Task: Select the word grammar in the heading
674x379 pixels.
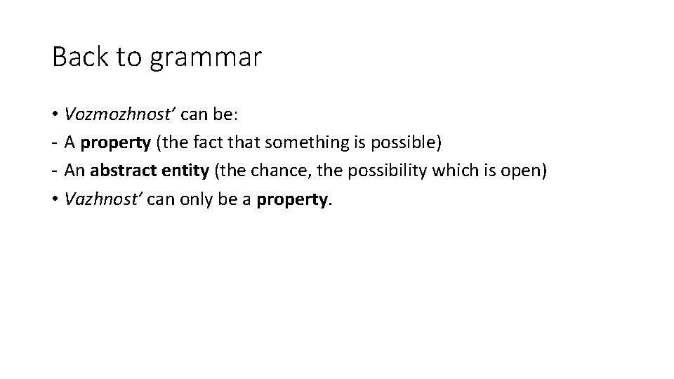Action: pyautogui.click(x=204, y=59)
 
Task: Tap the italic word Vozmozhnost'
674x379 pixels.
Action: pyautogui.click(x=107, y=114)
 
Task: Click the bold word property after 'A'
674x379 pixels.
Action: pyautogui.click(x=115, y=144)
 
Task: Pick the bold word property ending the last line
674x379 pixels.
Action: pyautogui.click(x=292, y=200)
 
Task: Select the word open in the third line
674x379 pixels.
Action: pyautogui.click(x=520, y=172)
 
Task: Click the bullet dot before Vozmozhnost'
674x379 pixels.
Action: pyautogui.click(x=54, y=114)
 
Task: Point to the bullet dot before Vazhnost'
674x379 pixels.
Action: pyautogui.click(x=54, y=199)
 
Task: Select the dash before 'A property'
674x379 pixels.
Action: pyautogui.click(x=54, y=144)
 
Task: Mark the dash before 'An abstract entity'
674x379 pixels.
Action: pyautogui.click(x=54, y=172)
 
